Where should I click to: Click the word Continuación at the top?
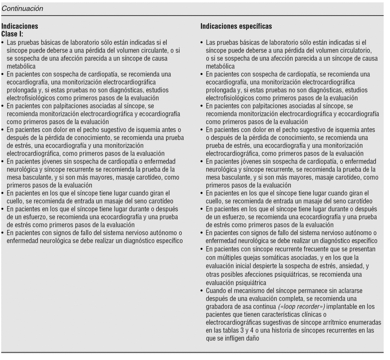click(x=22, y=8)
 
